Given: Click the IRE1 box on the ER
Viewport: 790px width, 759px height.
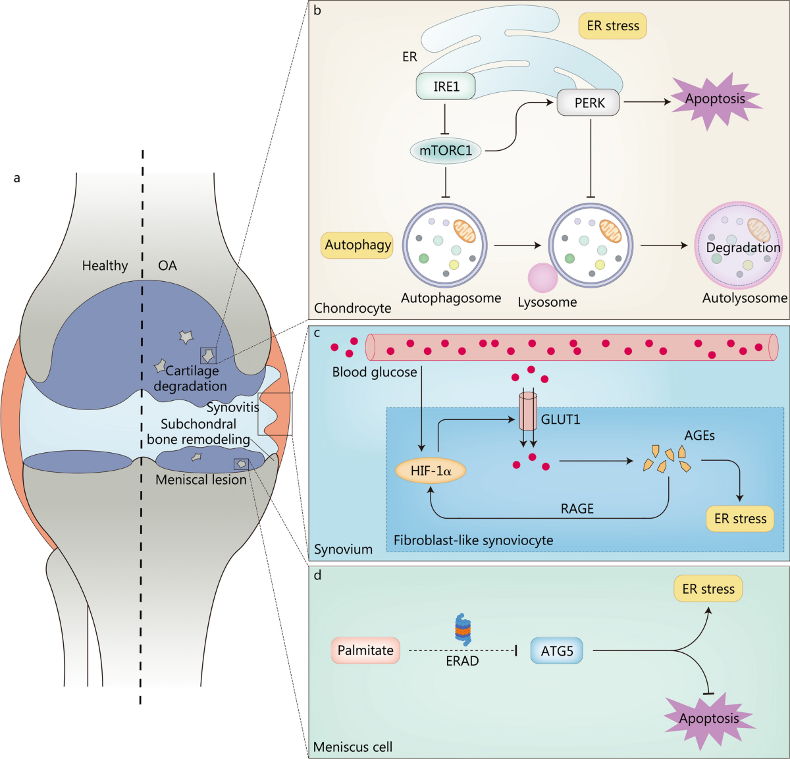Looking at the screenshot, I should point(446,86).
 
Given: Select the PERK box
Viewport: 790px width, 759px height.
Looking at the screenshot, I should point(588,103).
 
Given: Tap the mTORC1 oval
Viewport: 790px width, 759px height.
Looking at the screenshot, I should point(446,151).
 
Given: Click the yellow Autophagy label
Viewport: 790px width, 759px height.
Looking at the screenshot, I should point(357,245).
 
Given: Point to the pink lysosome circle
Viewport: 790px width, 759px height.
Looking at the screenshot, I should point(543,277).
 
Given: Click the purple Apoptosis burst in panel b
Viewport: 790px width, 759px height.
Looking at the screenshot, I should point(715,99).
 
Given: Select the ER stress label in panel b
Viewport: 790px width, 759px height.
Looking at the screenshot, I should point(613,26).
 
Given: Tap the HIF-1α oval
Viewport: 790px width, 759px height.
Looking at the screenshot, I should point(430,471).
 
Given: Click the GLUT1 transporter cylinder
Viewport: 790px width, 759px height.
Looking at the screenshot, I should point(529,411).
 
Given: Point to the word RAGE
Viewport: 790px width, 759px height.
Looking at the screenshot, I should point(577,508).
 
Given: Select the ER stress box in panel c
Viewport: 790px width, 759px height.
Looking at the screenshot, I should point(740,519).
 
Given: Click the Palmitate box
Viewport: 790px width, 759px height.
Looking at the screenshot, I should point(365,650).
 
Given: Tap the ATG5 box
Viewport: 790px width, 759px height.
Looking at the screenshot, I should point(557,651).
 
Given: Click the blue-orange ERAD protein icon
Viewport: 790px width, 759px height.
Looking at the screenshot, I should point(463,629).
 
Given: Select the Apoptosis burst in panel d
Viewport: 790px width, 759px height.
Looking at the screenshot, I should point(709,718).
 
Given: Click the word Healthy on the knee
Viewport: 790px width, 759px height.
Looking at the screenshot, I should point(105,265).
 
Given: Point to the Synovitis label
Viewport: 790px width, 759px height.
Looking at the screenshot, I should point(233,407).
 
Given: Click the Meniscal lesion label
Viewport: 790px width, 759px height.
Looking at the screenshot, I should point(201,480).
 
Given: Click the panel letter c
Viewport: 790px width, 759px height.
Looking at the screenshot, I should point(317,332).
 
